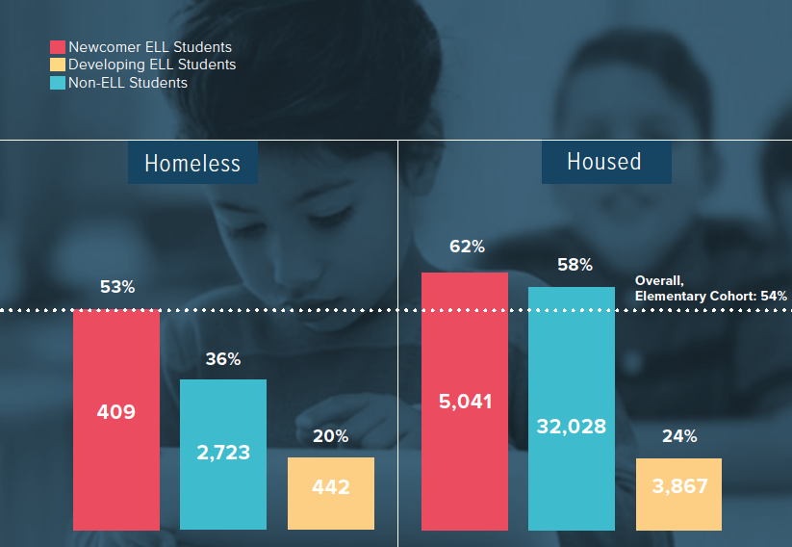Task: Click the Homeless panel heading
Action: [x=192, y=163]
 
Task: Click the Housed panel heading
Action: [x=604, y=162]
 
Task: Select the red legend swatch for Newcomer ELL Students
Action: [x=57, y=47]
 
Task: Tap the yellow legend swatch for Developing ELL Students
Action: [x=57, y=65]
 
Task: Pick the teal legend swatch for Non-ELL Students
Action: [x=57, y=83]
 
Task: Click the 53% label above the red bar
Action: [x=117, y=287]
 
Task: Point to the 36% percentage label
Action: [x=223, y=359]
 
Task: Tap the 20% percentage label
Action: [x=330, y=436]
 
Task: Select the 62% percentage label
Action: [x=467, y=247]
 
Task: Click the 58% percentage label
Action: [x=574, y=265]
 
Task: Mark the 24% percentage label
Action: [x=679, y=436]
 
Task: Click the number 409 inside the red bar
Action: [x=116, y=412]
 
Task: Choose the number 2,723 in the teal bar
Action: [x=223, y=452]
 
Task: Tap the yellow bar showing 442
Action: [x=330, y=493]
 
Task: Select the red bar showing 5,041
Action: [x=465, y=401]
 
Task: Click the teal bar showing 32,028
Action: [x=572, y=408]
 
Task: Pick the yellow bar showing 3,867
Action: [x=678, y=493]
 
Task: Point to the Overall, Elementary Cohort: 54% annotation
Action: [x=710, y=288]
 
